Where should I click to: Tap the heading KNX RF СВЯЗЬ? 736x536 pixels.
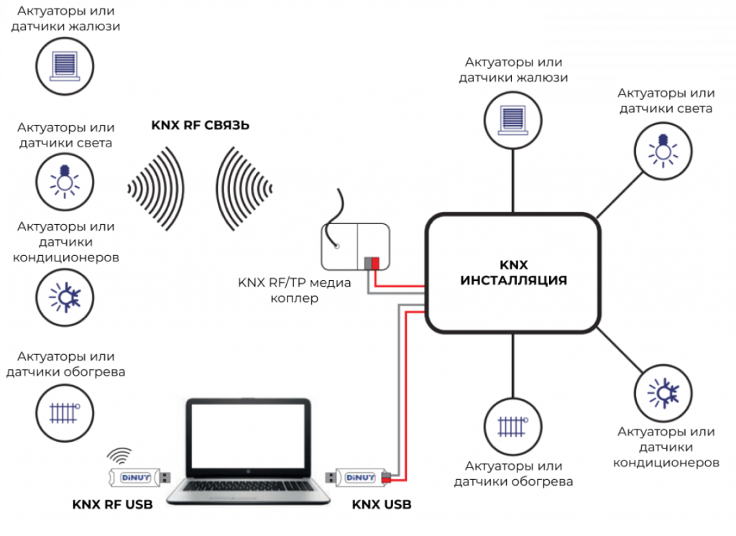200,125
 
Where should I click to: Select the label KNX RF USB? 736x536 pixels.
113,504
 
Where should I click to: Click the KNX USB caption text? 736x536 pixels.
382,504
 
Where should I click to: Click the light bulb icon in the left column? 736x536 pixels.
65,180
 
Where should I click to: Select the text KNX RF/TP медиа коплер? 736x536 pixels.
294,290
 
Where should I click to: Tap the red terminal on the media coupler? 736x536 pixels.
375,263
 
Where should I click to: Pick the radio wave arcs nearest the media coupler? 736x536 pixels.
244,188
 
